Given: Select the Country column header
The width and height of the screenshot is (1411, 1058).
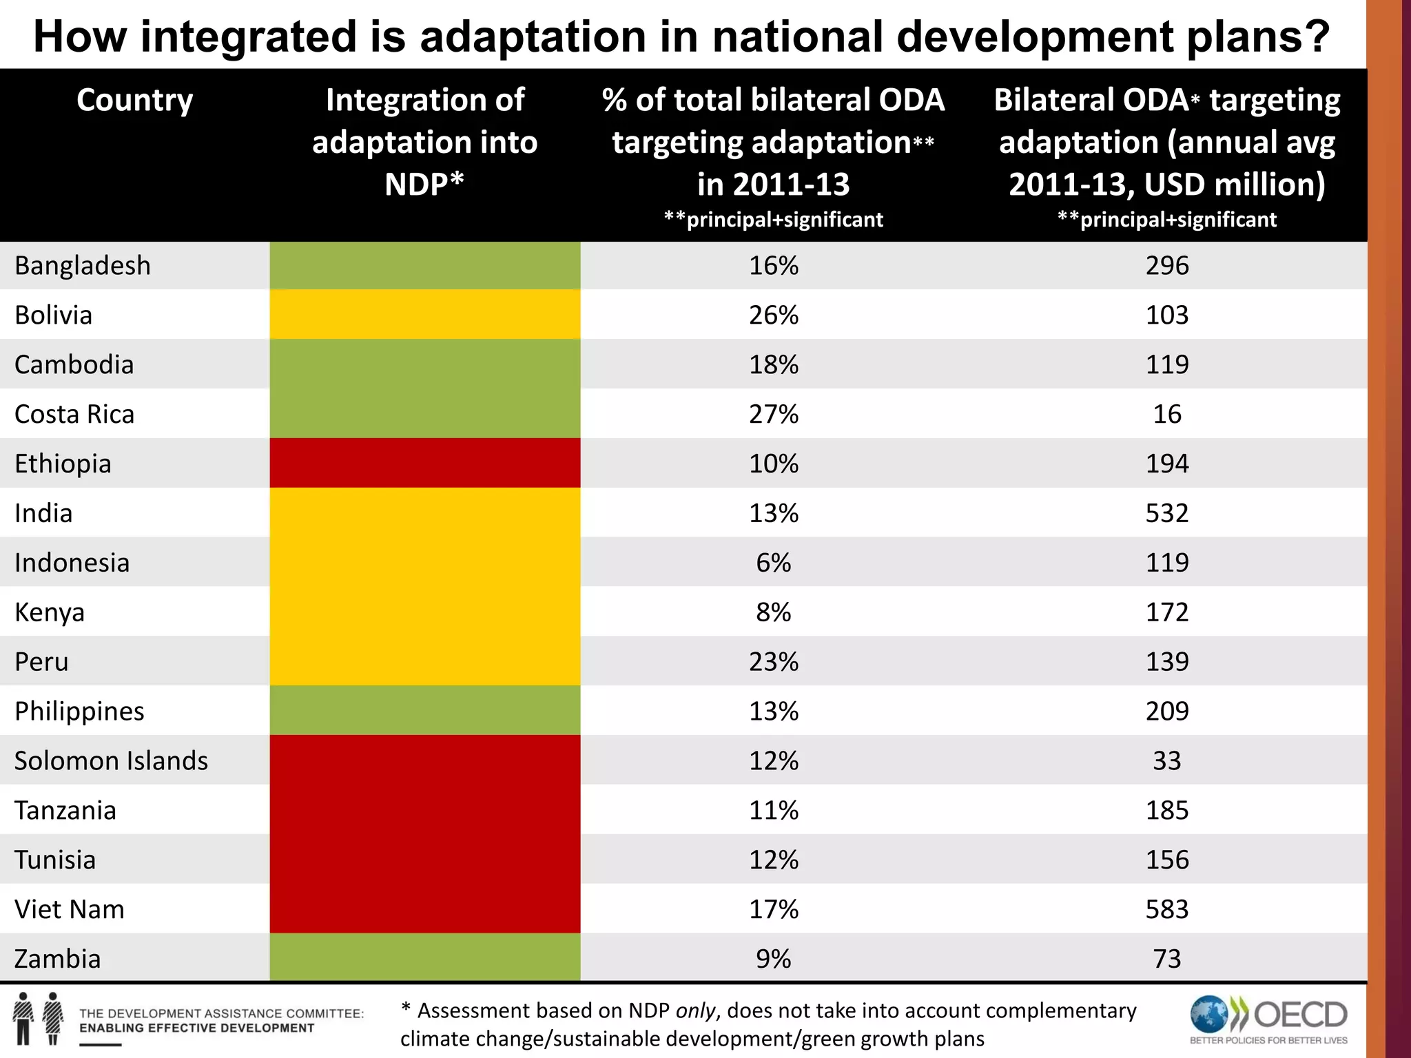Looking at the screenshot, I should pos(135,101).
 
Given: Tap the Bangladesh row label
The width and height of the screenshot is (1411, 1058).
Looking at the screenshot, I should pos(83,266).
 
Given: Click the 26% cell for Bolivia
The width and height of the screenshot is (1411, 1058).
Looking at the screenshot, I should pos(773,315).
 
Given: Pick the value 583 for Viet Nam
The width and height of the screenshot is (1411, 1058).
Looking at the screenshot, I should pos(1166,909).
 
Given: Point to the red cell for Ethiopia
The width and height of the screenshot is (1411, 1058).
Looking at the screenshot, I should pos(424,463).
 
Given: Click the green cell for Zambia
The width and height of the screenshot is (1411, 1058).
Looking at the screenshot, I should pos(424,957).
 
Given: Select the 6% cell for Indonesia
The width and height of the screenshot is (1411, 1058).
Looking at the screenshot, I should pos(773,563).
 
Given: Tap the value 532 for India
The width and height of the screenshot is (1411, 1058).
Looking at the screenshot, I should pos(1166,513).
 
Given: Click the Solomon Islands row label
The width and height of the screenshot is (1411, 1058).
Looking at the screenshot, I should pos(111,760).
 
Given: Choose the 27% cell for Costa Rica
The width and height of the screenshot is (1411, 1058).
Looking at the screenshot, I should pos(773,414).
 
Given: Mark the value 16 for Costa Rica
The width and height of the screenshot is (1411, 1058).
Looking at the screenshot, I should pos(1166,414).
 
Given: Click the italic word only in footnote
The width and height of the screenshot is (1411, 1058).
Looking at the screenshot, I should pos(696,1010).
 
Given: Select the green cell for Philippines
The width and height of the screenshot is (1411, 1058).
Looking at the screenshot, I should pos(424,710).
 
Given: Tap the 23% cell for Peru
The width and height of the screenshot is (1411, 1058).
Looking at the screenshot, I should pos(773,662).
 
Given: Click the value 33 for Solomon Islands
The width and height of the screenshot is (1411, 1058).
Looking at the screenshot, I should pos(1166,760).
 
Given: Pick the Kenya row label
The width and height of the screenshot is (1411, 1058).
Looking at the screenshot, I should pos(49,612).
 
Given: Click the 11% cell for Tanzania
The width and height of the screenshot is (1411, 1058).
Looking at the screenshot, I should pos(773,810).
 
